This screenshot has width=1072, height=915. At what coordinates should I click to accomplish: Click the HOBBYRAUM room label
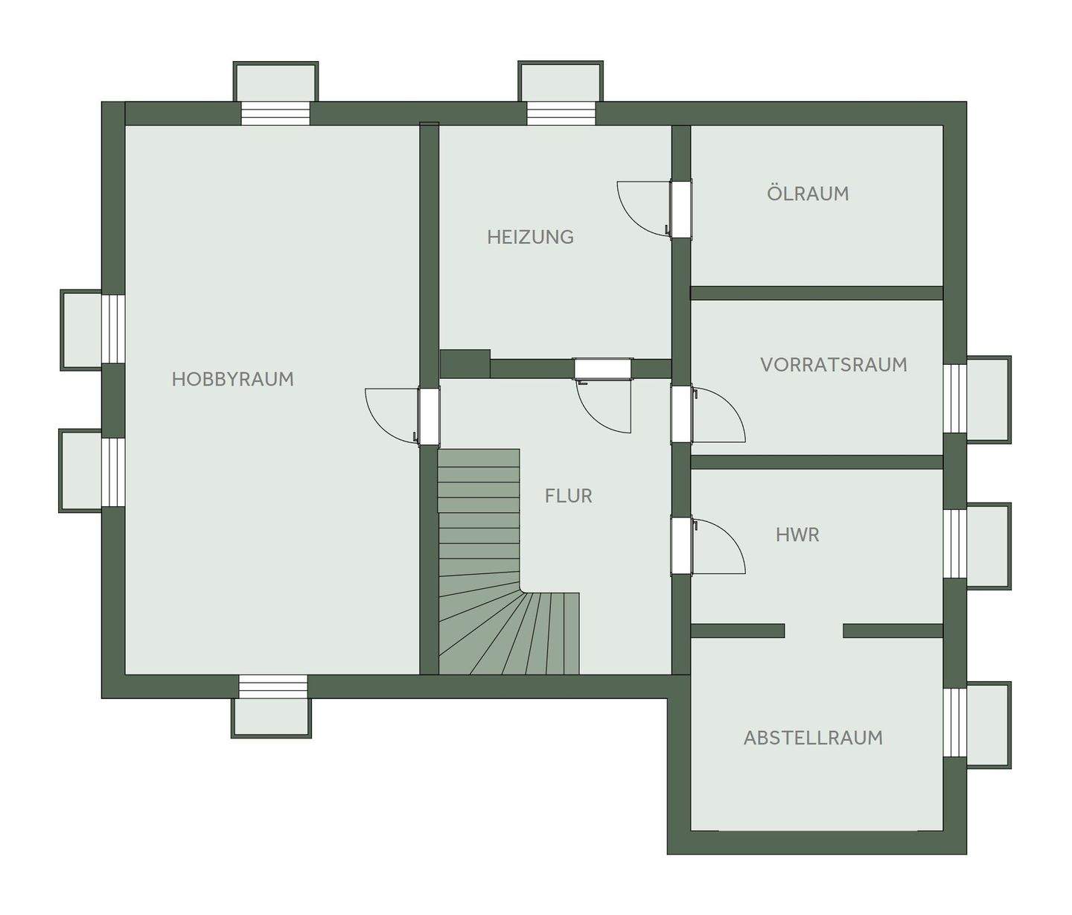(x=232, y=379)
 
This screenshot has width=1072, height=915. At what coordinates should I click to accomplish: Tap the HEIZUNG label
(x=530, y=237)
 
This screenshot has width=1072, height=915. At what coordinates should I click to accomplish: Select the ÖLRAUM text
(x=808, y=194)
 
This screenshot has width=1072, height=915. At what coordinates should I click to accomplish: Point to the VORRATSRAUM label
(x=833, y=365)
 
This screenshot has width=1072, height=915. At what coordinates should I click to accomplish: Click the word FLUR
(x=568, y=496)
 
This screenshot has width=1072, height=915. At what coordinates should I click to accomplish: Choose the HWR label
(x=797, y=535)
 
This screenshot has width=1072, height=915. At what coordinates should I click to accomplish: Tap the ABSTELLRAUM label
(x=813, y=738)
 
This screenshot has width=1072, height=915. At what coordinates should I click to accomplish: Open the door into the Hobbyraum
(x=428, y=416)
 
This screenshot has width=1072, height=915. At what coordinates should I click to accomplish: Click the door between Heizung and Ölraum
(x=680, y=209)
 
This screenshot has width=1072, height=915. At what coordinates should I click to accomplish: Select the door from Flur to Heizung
(x=602, y=369)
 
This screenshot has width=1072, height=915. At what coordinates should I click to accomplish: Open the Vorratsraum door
(x=681, y=414)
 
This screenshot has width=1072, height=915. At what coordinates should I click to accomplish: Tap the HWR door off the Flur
(x=681, y=546)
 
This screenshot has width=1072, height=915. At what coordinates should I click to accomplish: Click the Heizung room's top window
(x=561, y=113)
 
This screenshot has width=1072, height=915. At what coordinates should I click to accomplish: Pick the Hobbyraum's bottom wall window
(x=272, y=686)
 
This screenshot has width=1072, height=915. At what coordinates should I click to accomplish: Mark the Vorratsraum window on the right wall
(x=954, y=398)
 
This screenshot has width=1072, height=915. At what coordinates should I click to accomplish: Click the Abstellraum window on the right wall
(x=954, y=723)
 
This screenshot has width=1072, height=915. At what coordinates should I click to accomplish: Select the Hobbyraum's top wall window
(x=275, y=113)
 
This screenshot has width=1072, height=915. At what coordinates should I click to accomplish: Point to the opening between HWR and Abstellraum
(x=814, y=631)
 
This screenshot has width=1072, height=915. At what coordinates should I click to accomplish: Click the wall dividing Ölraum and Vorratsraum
(x=817, y=293)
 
